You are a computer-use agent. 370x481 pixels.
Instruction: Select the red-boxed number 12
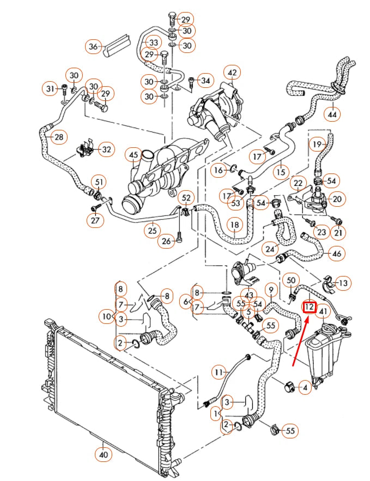[310, 307]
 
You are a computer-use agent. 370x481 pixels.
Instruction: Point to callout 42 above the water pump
[232, 73]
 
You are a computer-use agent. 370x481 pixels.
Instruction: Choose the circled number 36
[93, 47]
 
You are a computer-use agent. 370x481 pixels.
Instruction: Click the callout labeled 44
[332, 115]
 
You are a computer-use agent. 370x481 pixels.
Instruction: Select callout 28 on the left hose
[59, 137]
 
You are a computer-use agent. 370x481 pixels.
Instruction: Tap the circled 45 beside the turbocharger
[133, 156]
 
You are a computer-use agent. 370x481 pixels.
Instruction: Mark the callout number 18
[234, 225]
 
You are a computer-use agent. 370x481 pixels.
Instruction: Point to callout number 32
[106, 148]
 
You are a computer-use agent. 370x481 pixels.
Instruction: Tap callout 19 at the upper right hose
[317, 144]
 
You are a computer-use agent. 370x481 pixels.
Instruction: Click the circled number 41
[323, 312]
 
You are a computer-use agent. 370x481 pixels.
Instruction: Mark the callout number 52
[186, 197]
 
